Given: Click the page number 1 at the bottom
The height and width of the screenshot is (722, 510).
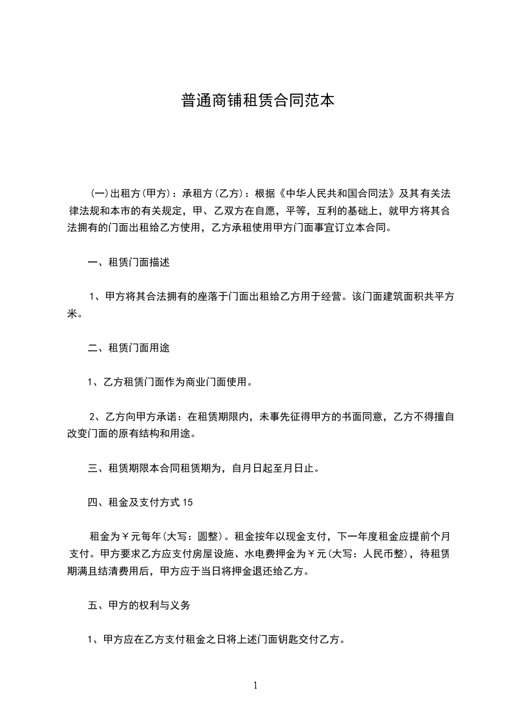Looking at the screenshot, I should [x=255, y=685].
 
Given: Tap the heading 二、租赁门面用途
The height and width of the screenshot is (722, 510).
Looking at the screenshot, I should [x=129, y=347].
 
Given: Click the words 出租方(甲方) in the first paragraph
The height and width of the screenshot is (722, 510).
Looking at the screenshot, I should [x=136, y=193].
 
